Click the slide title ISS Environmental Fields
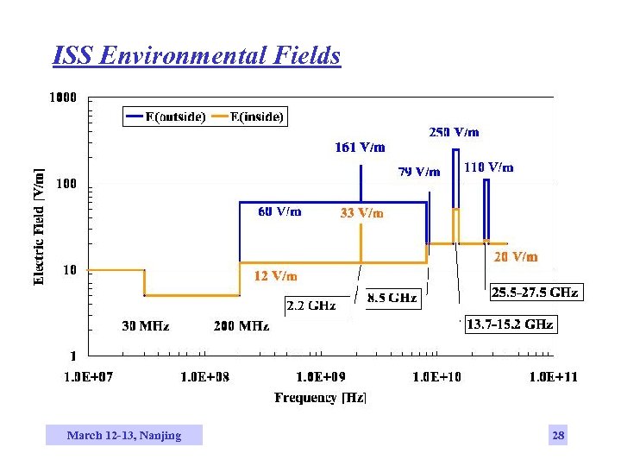tap(197, 56)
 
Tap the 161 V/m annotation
tap(360, 147)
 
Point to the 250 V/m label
tap(454, 132)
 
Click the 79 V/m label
tap(419, 172)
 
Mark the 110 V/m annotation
tap(488, 167)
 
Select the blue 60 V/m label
tap(280, 211)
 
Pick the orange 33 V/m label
tap(362, 212)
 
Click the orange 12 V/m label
tap(276, 276)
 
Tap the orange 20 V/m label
tap(516, 256)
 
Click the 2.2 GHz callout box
tap(310, 306)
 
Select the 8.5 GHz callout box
tap(392, 298)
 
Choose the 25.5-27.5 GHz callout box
tap(535, 293)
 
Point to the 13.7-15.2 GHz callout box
tap(510, 324)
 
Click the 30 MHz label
tap(145, 326)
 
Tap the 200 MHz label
tap(241, 326)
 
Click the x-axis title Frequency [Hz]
tap(320, 398)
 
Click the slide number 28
tap(558, 435)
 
